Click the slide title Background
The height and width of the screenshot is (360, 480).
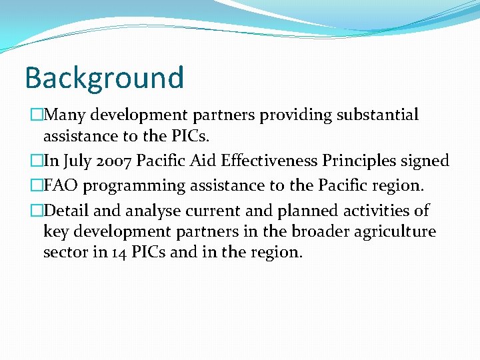click(x=104, y=77)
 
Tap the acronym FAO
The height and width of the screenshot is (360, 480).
click(x=61, y=185)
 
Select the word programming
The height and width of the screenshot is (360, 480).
click(x=131, y=186)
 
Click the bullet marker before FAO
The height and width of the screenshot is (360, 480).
click(x=37, y=185)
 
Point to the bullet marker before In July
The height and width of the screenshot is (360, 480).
click(x=37, y=161)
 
